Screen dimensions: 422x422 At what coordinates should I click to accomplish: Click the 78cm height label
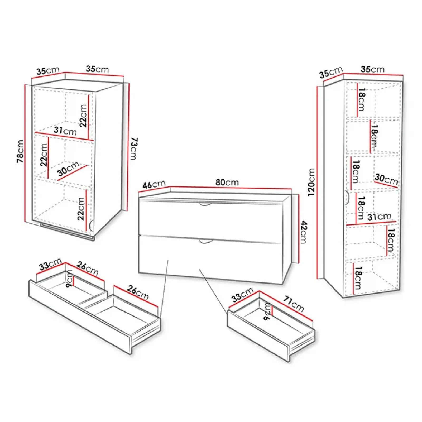(x=21, y=151)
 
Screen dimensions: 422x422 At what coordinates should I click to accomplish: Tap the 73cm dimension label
(x=134, y=148)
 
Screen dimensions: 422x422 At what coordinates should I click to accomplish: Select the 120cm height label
(x=311, y=182)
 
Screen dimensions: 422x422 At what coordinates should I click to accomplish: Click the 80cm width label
(x=227, y=182)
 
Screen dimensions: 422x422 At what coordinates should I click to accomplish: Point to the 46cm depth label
(x=154, y=184)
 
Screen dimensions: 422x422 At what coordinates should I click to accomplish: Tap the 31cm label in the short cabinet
(x=65, y=131)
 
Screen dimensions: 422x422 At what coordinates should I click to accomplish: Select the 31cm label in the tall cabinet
(x=379, y=217)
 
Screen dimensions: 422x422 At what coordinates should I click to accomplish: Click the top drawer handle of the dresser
(x=205, y=204)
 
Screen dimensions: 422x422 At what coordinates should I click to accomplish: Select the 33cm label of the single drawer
(x=242, y=295)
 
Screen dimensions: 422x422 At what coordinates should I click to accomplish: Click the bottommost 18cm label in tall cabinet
(x=358, y=278)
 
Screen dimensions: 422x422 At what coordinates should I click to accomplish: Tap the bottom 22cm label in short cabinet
(x=81, y=209)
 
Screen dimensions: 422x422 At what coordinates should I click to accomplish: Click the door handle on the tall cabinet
(x=347, y=198)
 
